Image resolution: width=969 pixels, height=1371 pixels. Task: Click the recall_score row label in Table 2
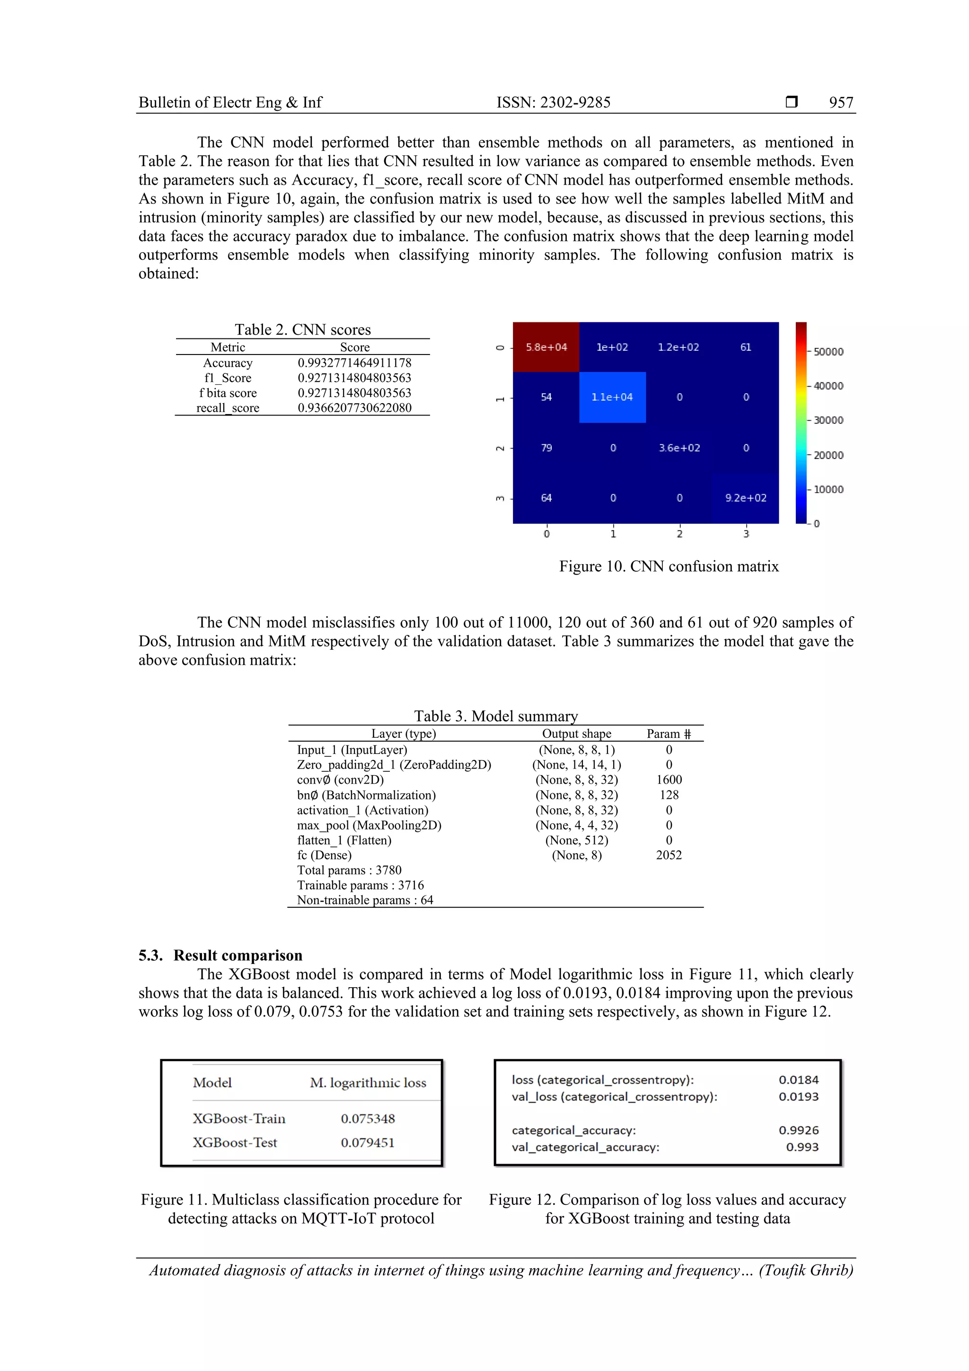pos(228,408)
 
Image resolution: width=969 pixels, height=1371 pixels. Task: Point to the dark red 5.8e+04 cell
pos(546,347)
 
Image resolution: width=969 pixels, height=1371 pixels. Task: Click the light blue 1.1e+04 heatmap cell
pos(612,397)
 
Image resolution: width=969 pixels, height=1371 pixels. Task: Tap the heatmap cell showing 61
pos(745,347)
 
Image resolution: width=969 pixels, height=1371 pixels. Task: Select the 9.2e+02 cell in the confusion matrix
pos(745,497)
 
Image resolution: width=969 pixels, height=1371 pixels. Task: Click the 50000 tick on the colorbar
pos(828,352)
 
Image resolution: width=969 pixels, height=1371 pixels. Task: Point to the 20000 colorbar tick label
pos(828,455)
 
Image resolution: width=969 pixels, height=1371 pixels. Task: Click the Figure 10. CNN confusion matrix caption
pos(668,566)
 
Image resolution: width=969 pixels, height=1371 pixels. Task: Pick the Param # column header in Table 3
pos(668,734)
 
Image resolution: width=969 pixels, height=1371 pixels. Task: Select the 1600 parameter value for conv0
pos(669,780)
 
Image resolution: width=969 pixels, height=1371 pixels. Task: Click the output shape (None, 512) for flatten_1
pos(576,840)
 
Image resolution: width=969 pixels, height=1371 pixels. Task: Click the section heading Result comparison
pos(238,955)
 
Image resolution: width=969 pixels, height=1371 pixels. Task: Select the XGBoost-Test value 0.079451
pos(367,1142)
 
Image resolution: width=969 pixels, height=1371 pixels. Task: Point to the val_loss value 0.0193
pos(798,1097)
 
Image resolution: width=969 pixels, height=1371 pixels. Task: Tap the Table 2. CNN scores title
pos(302,329)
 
